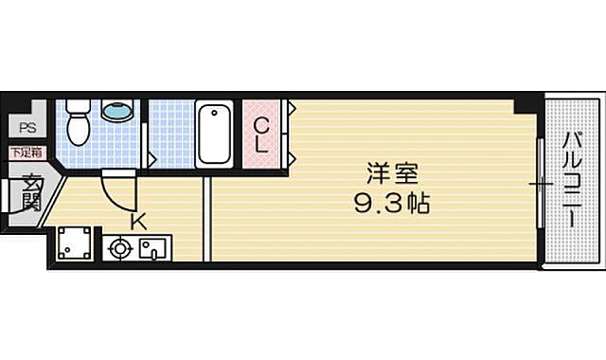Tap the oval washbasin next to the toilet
point(117,113)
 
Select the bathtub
point(217,134)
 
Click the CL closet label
point(262,134)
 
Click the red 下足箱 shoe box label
point(26,152)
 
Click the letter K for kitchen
point(137,223)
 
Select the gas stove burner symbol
point(119,249)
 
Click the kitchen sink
point(151,249)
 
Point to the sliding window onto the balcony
point(540,182)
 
